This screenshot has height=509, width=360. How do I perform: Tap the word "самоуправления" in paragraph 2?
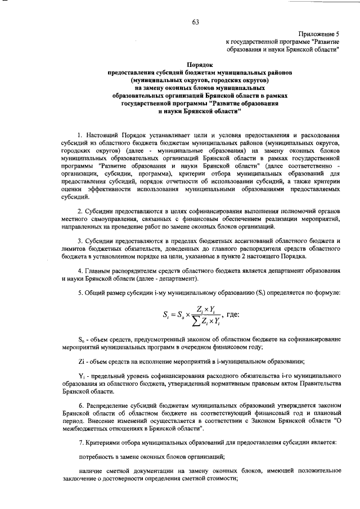tap(107, 218)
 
